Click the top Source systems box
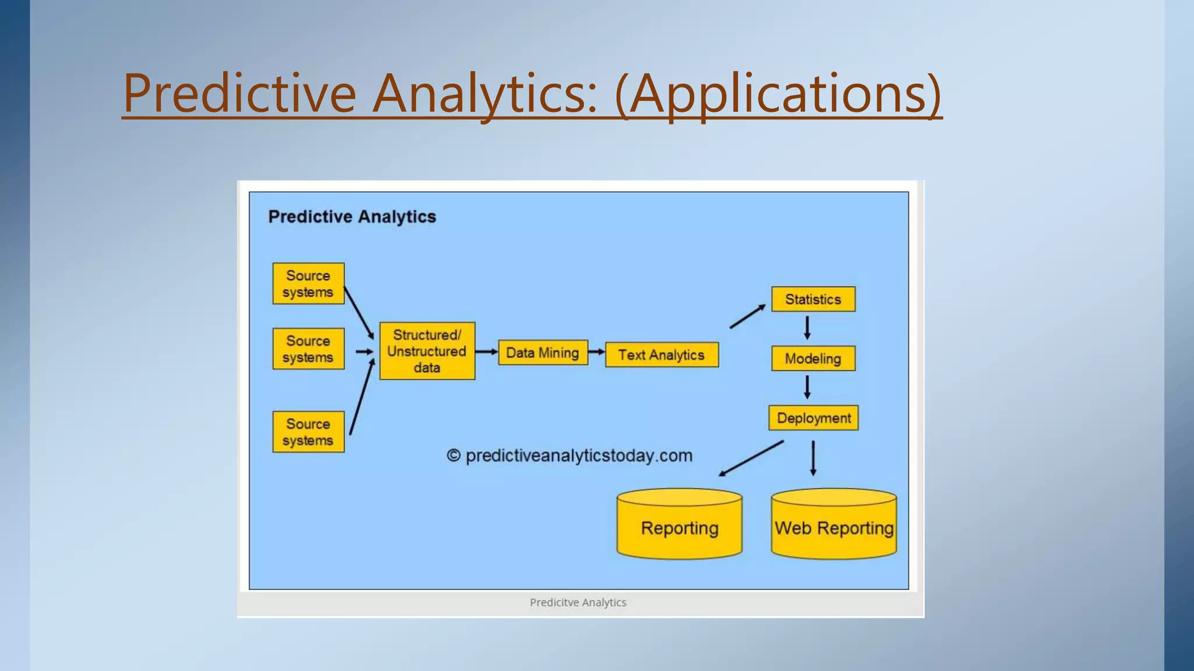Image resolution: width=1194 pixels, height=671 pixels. click(308, 284)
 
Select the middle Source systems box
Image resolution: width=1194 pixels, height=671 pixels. click(308, 349)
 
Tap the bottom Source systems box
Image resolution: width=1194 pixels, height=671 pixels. click(308, 432)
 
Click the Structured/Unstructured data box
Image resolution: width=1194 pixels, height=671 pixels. click(427, 351)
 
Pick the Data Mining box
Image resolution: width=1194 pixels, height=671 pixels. click(543, 353)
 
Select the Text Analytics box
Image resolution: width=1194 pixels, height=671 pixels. click(662, 355)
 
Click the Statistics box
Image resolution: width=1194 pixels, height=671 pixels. click(813, 299)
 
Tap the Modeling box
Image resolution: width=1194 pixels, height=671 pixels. click(813, 359)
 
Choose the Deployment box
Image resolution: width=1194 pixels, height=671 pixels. click(813, 418)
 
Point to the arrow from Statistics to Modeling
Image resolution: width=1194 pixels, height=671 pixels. click(807, 328)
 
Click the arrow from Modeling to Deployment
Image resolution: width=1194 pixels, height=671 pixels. click(807, 387)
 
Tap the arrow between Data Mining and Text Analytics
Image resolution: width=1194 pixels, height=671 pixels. click(596, 352)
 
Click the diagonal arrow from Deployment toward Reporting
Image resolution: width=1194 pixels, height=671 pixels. click(751, 458)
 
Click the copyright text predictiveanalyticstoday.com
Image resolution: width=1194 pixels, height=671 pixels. click(570, 455)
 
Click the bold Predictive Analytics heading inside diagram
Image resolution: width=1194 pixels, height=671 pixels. click(352, 217)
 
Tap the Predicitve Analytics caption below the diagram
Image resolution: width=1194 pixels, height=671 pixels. click(578, 602)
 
